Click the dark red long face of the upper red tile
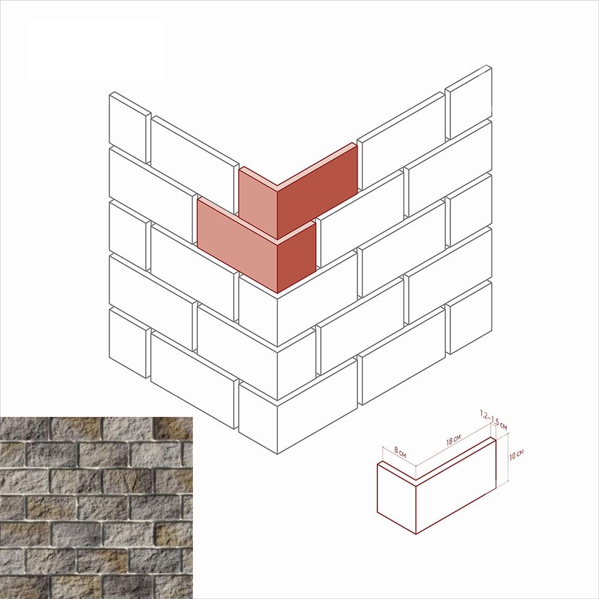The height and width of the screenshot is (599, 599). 317,191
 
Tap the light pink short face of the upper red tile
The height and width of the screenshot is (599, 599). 258,202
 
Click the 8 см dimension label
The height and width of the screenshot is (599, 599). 400,452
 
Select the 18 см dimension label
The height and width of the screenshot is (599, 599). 453,440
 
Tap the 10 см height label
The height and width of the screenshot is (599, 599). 516,455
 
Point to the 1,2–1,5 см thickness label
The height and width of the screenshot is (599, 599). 494,420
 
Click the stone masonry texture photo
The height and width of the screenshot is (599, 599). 96,508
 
